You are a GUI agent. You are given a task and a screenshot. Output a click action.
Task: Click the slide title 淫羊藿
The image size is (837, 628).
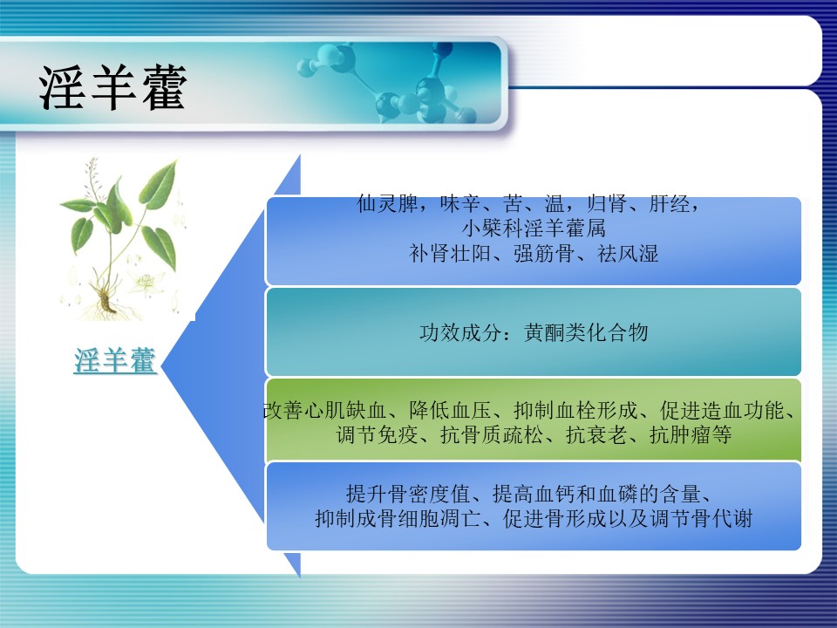112,87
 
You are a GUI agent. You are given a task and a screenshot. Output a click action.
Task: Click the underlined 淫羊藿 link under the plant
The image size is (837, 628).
115,360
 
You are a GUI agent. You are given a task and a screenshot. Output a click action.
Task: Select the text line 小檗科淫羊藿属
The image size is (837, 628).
534,229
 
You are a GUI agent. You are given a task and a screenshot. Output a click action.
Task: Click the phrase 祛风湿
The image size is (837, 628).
628,253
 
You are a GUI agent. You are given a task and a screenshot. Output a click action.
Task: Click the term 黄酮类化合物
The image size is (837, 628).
586,332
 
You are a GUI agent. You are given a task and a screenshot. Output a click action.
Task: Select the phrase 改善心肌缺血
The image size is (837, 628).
324,410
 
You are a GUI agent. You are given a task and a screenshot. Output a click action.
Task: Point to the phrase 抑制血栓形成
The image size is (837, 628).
575,410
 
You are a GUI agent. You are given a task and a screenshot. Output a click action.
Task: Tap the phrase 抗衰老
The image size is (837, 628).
596,434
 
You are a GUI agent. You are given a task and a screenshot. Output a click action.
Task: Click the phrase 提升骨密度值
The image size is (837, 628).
408,494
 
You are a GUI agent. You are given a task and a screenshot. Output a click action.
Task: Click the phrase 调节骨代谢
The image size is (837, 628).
701,518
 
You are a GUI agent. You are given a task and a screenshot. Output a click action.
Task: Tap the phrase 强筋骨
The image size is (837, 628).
544,253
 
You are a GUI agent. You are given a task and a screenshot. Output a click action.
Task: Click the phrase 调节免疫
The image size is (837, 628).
377,434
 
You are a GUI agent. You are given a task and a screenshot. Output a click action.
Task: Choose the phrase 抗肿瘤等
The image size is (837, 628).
691,434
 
